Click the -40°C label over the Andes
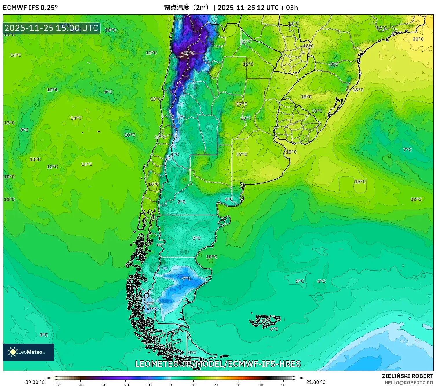(x=188, y=53)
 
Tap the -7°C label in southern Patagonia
(x=186, y=279)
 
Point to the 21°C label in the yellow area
(x=418, y=39)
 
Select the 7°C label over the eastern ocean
(x=407, y=150)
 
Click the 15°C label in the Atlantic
(x=360, y=182)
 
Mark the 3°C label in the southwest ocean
(x=44, y=335)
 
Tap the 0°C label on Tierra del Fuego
(x=192, y=353)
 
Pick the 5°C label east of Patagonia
(x=300, y=281)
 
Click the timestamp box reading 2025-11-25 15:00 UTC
(x=52, y=28)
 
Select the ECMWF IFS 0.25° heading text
(x=30, y=8)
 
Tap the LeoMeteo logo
(x=28, y=352)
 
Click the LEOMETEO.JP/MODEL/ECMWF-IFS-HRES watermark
(x=218, y=364)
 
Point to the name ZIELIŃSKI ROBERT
(x=407, y=376)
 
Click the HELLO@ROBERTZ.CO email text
(x=408, y=383)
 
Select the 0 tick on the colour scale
(x=170, y=385)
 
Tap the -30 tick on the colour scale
(x=103, y=385)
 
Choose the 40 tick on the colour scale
(x=261, y=385)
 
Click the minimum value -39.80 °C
(x=34, y=382)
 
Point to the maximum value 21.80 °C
(x=316, y=382)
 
